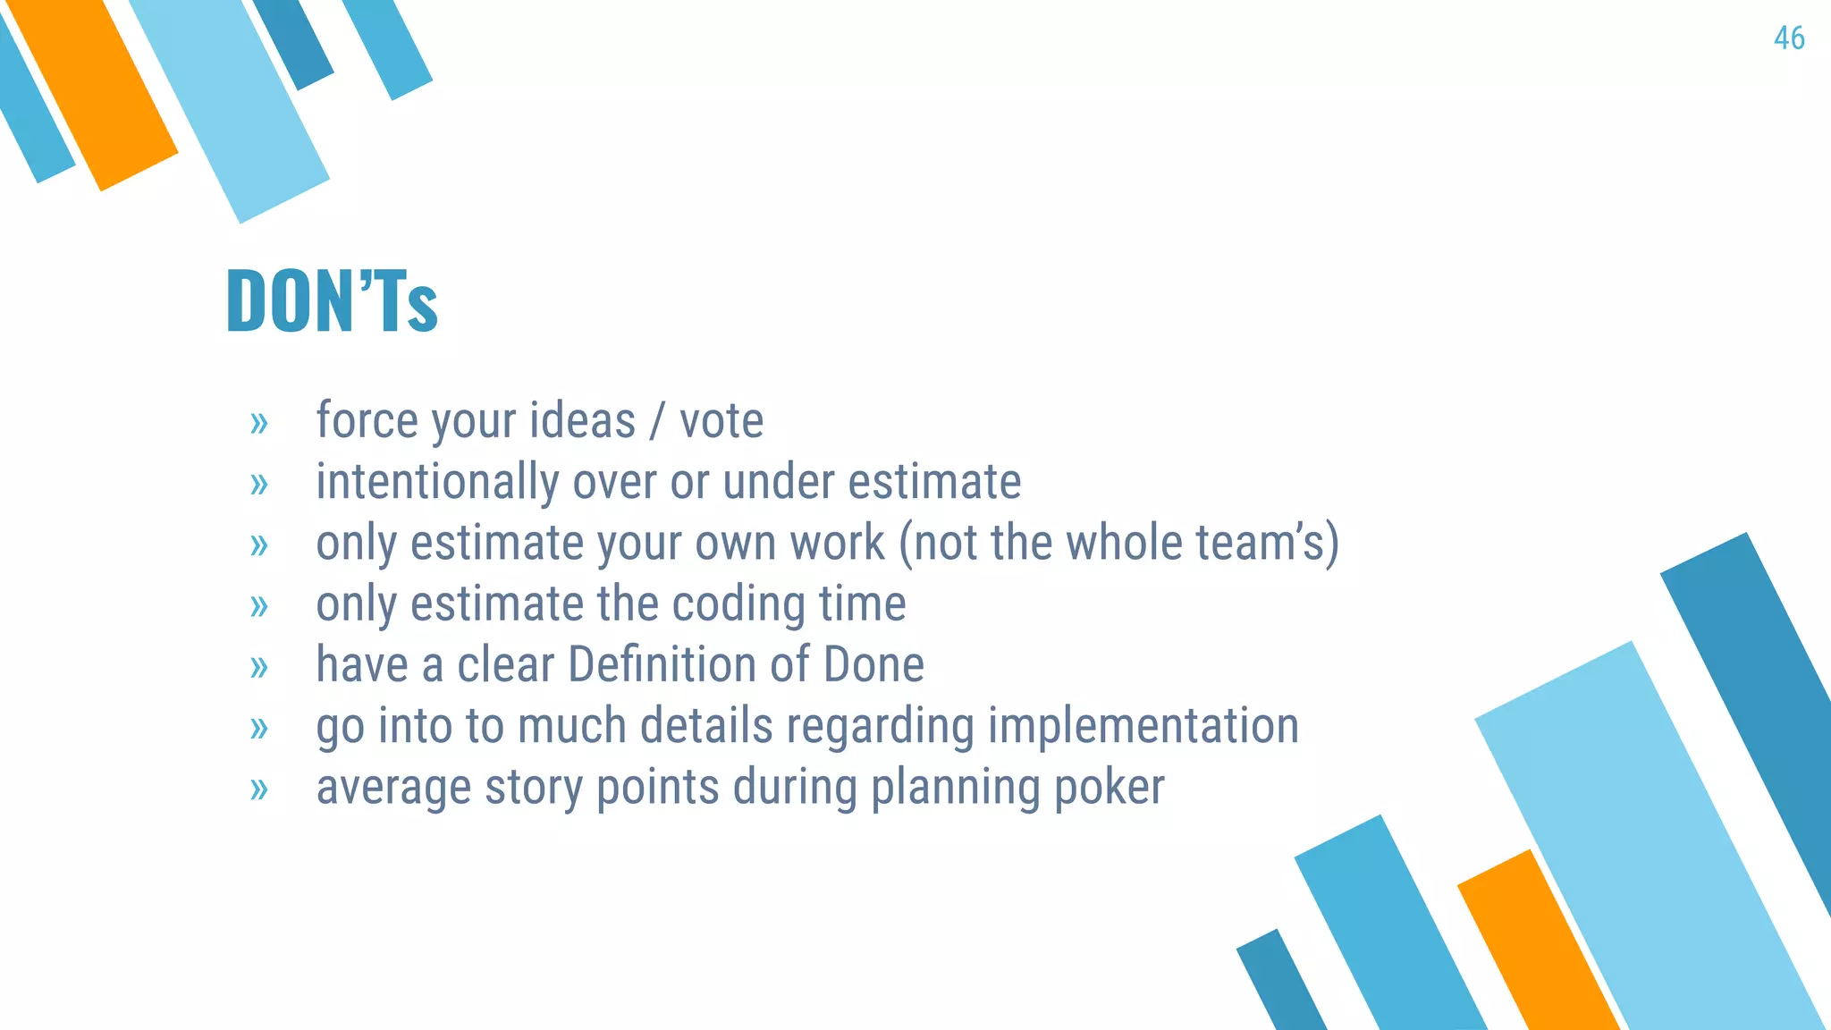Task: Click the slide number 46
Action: (1789, 38)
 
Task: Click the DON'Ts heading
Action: (332, 302)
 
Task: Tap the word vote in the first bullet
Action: (721, 421)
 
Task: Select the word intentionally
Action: (436, 483)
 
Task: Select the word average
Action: (393, 789)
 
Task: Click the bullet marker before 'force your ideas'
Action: (259, 423)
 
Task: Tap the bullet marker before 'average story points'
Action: (259, 789)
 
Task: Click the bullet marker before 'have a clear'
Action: (259, 667)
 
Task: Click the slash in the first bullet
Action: (657, 421)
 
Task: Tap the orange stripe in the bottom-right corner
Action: (1538, 948)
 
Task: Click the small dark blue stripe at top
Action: (293, 40)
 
